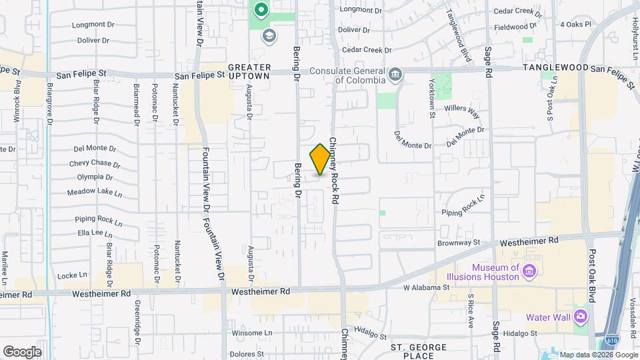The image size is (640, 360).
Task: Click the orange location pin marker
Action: click(320, 159)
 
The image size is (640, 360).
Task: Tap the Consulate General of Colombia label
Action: click(360, 75)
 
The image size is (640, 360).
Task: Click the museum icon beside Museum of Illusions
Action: click(530, 271)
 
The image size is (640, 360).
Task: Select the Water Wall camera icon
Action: click(581, 315)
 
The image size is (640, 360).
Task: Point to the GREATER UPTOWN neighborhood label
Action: click(250, 71)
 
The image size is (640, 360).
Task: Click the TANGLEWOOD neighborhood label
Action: click(555, 68)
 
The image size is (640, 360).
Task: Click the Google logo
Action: click(22, 351)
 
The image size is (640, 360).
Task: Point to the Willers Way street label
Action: click(462, 109)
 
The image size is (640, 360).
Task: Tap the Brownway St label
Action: click(459, 243)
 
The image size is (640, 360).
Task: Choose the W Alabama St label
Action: click(427, 288)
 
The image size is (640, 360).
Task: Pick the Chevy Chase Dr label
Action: click(95, 163)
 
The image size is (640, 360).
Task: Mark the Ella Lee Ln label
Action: click(94, 233)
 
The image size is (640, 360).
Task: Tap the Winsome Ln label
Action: click(253, 333)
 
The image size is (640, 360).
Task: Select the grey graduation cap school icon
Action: click(269, 36)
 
